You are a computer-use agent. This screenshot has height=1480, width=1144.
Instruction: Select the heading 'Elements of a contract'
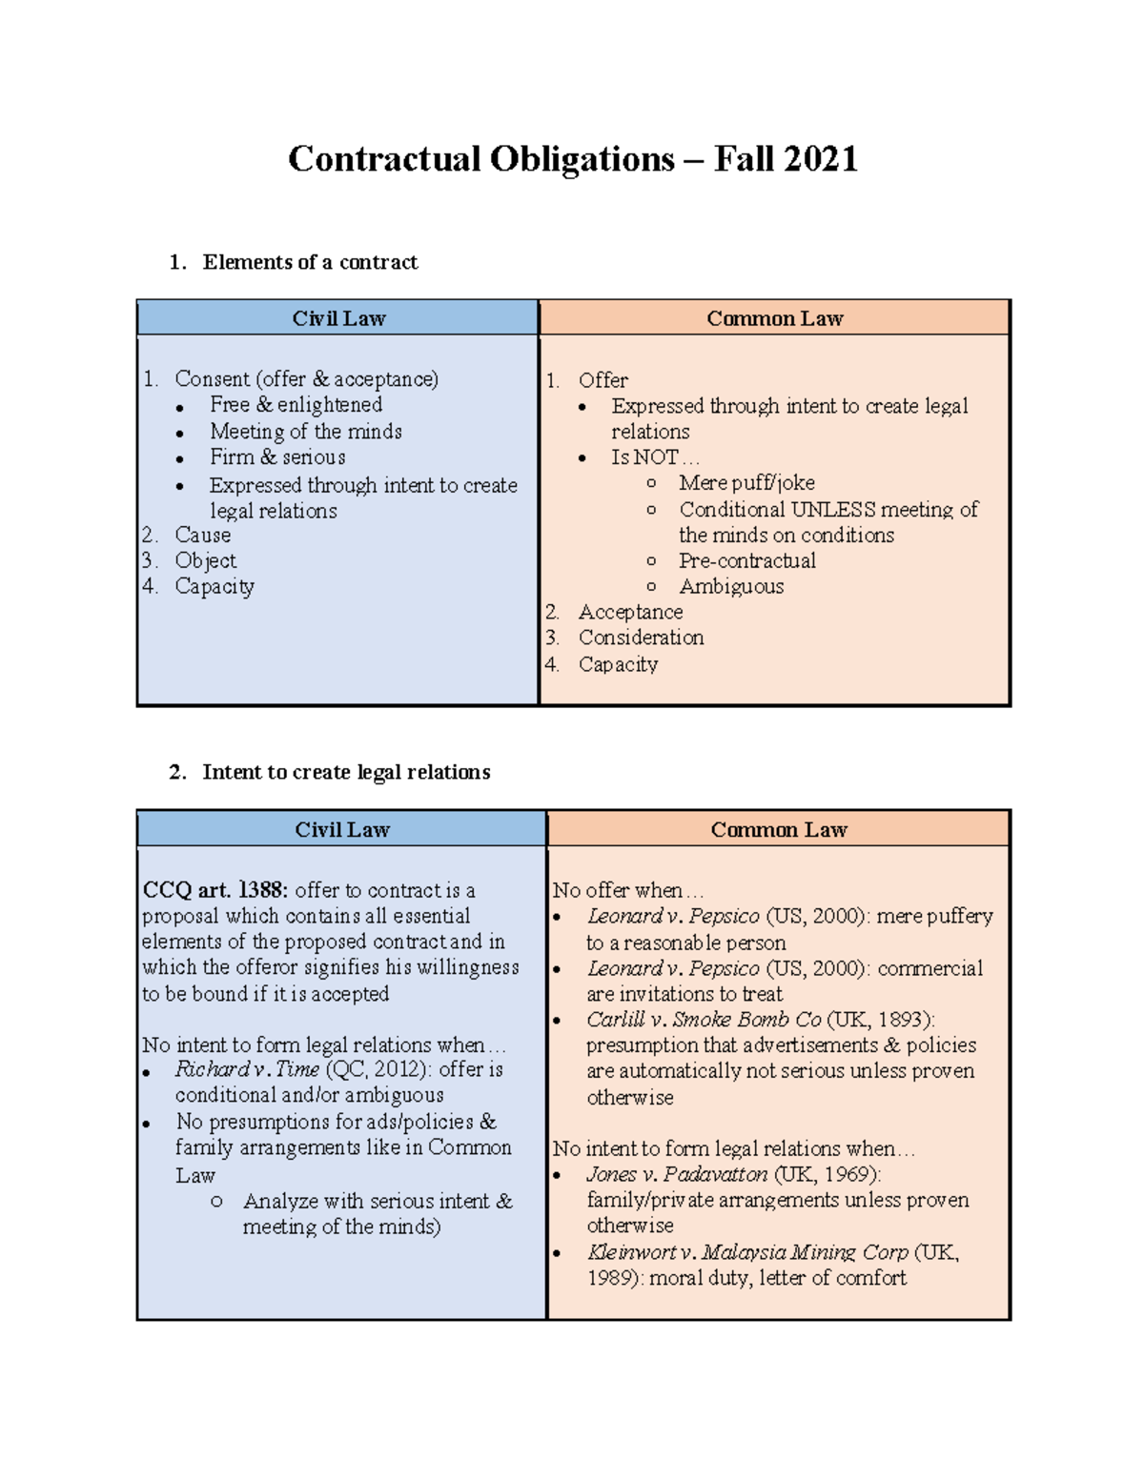coord(310,262)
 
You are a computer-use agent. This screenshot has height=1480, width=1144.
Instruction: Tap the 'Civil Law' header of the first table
coord(338,318)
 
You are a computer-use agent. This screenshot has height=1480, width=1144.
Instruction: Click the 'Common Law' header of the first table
coord(774,318)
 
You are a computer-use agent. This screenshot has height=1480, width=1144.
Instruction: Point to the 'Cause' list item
coord(202,536)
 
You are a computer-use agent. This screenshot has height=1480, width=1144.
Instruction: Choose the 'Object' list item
coord(205,561)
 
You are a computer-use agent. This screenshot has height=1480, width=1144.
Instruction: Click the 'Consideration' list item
coord(641,638)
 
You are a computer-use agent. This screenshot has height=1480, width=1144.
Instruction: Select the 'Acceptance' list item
coord(630,612)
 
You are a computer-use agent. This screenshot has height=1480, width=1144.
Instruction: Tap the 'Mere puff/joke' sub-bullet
coord(746,483)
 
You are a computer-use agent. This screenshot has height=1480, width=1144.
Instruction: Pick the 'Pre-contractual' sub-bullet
coord(746,560)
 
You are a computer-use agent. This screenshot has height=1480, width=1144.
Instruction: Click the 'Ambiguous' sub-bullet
coord(731,587)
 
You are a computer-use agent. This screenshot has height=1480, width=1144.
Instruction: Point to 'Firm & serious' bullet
coord(277,457)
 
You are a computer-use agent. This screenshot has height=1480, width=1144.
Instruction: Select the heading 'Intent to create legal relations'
coord(346,772)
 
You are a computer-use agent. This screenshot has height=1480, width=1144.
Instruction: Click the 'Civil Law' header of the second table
coord(341,829)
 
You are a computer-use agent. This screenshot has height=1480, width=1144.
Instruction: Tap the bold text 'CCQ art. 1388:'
coord(214,890)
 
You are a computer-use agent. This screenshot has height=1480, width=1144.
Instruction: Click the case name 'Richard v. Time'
coord(247,1069)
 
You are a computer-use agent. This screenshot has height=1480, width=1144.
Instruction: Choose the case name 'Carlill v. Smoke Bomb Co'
coord(703,1020)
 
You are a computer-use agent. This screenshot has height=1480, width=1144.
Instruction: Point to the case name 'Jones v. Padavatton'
coord(677,1174)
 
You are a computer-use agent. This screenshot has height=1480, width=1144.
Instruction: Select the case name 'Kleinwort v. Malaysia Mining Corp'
coord(747,1252)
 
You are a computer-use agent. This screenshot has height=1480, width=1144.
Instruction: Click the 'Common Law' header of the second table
coord(778,829)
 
